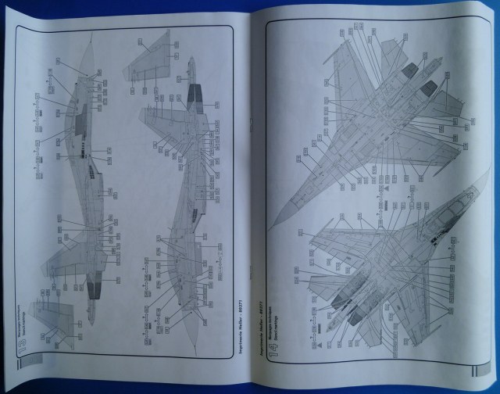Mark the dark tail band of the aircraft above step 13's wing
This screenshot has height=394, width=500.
coord(91,292)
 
